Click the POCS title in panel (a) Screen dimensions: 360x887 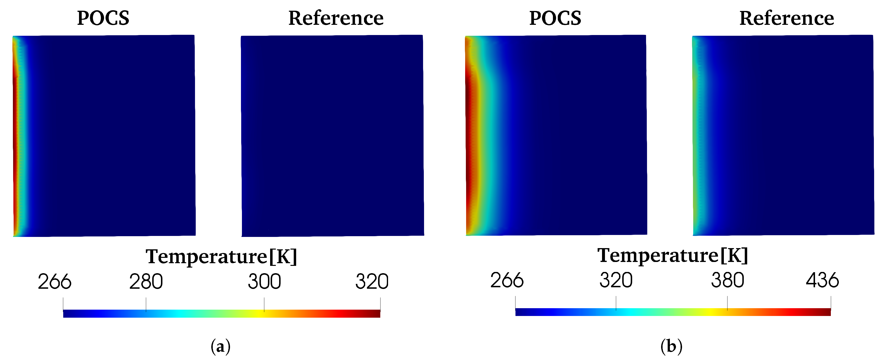(x=103, y=18)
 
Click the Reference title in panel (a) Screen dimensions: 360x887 (x=336, y=18)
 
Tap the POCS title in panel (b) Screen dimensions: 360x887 (x=555, y=18)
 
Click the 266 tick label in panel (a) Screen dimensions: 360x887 (x=54, y=282)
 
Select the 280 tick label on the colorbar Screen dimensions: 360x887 (x=146, y=282)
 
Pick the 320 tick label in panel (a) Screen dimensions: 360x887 (x=372, y=282)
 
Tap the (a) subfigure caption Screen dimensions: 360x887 (x=220, y=346)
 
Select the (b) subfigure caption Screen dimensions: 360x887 (x=671, y=346)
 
